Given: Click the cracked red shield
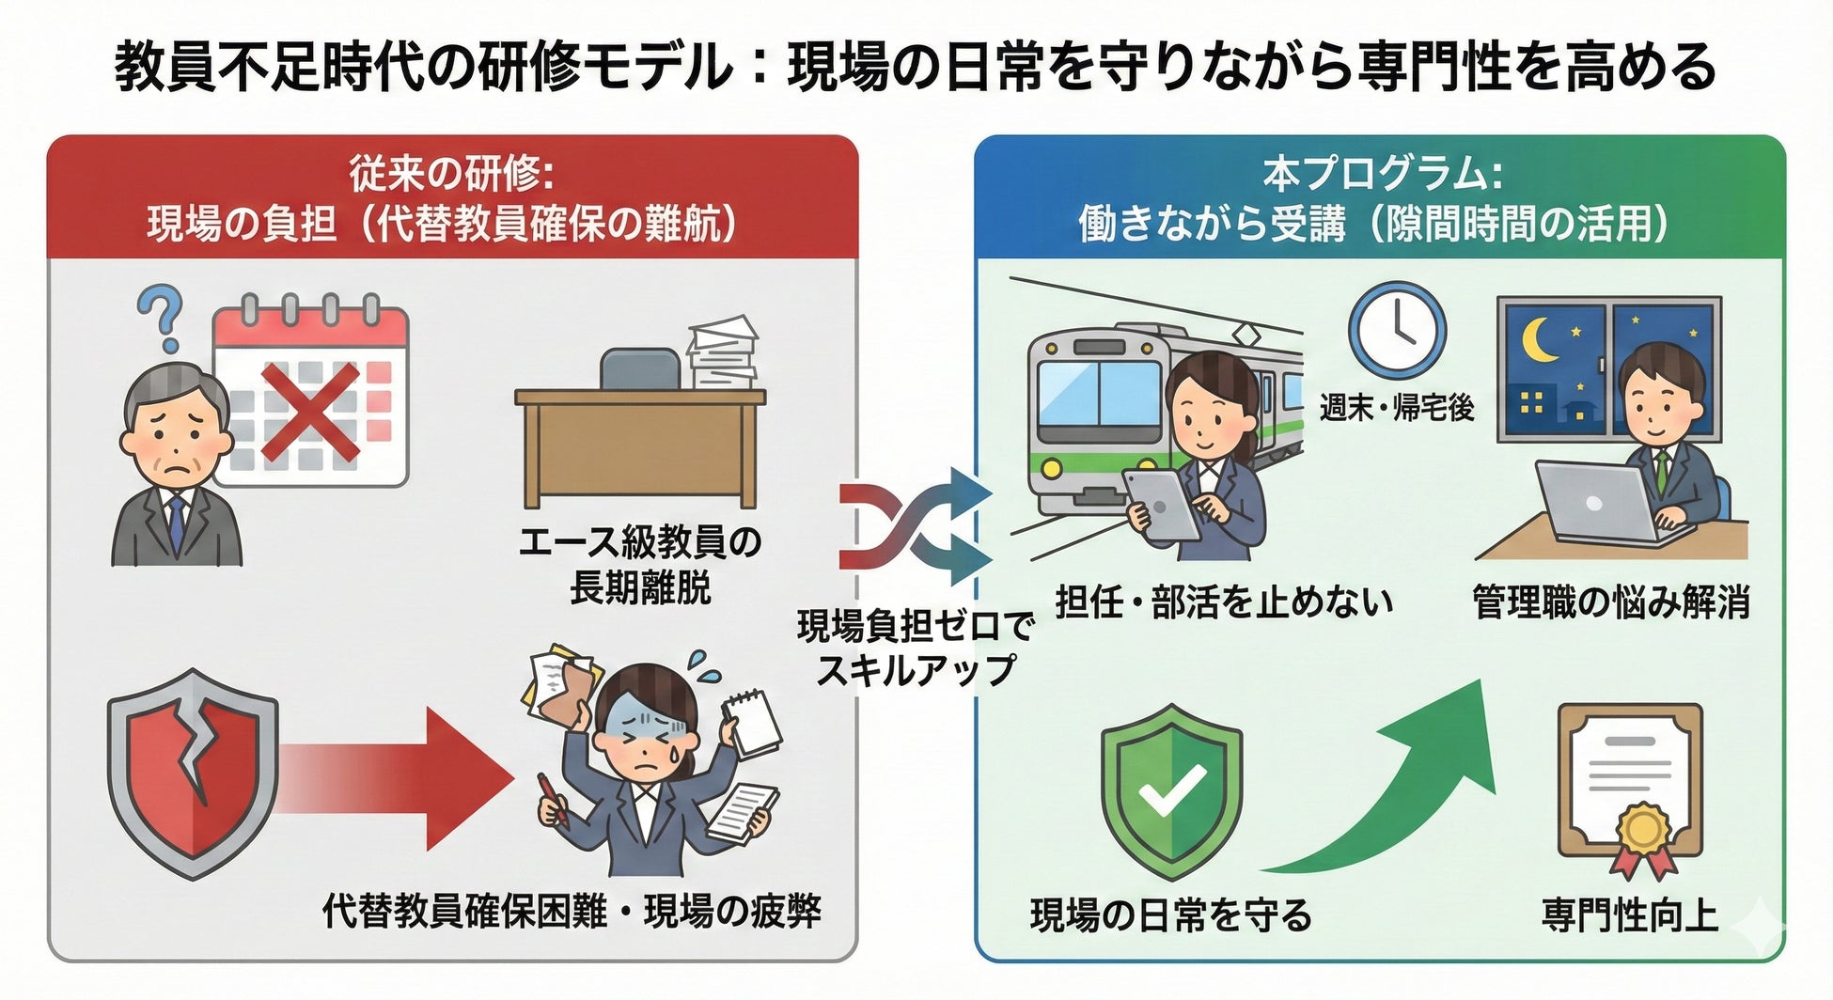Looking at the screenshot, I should point(193,773).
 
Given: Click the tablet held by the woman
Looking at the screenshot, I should point(1162,504).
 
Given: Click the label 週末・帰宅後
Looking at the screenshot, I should point(1397,408).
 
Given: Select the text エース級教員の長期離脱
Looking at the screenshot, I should point(640,565).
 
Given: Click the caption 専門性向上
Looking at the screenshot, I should point(1630,914).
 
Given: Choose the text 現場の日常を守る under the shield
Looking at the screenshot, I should point(1170,914).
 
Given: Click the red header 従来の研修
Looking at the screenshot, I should point(451,173).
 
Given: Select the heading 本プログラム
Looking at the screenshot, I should point(1381,173).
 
